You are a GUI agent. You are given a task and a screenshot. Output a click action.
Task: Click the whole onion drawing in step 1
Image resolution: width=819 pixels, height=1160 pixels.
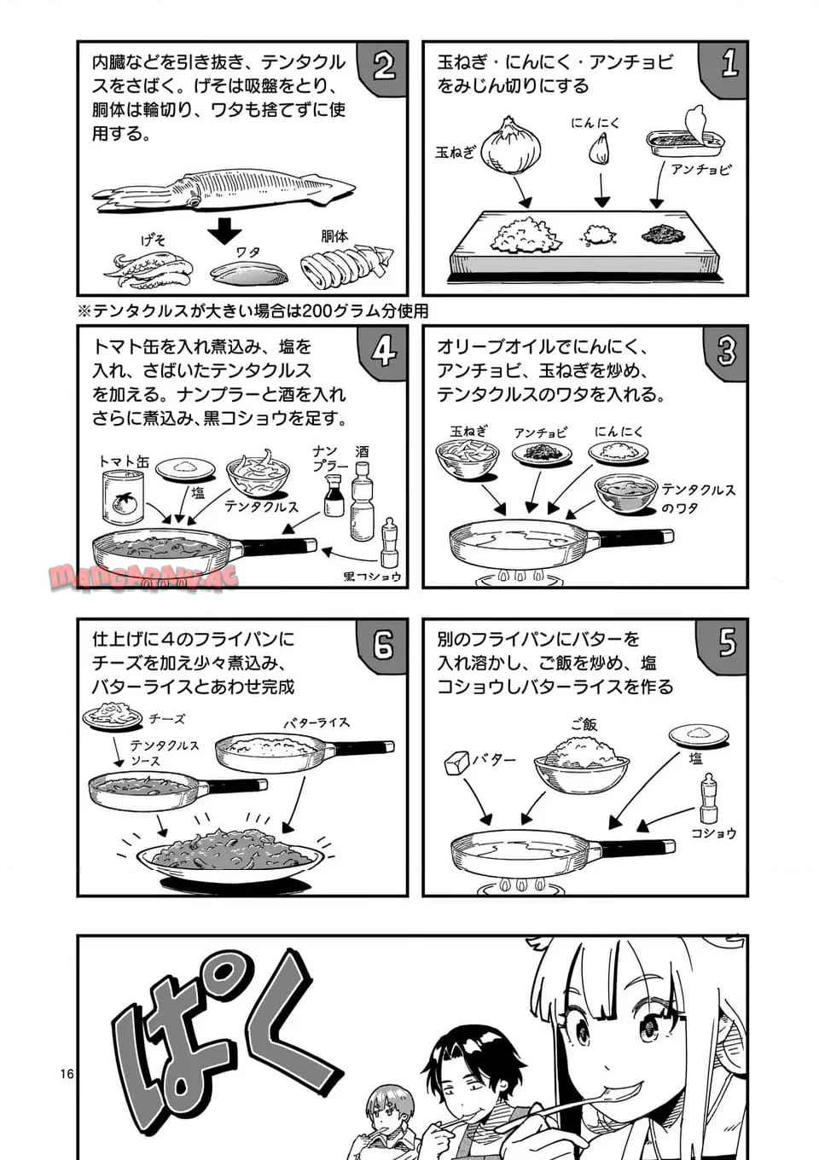(511, 146)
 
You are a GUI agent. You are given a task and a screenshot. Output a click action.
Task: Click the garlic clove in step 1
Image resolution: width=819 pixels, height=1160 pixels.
(600, 148)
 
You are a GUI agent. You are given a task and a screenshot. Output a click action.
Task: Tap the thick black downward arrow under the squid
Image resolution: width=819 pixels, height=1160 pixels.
(224, 230)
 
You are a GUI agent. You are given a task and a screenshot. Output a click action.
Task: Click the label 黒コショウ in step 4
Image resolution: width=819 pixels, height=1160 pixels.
(373, 577)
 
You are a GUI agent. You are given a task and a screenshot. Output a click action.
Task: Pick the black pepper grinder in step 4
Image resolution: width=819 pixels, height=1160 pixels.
(388, 542)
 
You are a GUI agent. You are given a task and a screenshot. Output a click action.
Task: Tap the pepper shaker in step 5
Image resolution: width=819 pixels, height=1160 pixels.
(708, 798)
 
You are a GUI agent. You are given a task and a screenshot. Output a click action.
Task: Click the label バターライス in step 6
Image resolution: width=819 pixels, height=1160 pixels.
(317, 722)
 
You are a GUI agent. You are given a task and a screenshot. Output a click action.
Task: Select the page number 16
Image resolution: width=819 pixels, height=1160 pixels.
(67, 1074)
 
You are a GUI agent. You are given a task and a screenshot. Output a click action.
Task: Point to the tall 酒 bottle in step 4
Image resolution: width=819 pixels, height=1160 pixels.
(362, 500)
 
